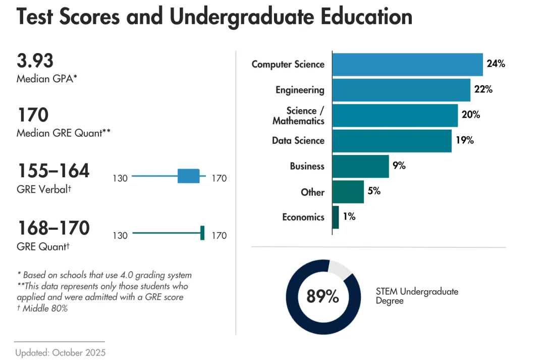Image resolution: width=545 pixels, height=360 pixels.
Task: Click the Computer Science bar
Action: [x=408, y=64]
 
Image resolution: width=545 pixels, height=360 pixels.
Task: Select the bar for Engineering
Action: [x=401, y=90]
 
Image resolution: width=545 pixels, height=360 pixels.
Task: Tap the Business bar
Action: [x=361, y=166]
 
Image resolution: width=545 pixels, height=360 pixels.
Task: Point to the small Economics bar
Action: [x=336, y=217]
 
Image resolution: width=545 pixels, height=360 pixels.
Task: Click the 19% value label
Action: [x=465, y=140]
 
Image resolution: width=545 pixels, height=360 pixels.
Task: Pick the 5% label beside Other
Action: [x=374, y=191]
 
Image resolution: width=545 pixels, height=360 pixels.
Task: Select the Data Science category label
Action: [x=298, y=140]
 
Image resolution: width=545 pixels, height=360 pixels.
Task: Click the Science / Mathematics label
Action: [x=299, y=116]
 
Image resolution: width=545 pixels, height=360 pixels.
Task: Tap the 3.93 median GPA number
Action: [x=35, y=61]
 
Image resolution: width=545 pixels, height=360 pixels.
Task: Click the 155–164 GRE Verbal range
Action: [x=53, y=171]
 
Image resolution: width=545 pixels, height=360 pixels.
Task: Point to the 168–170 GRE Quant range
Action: [x=53, y=228]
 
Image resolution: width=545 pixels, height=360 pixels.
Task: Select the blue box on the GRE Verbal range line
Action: [x=189, y=176]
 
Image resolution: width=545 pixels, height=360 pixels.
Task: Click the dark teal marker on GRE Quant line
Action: [x=202, y=233]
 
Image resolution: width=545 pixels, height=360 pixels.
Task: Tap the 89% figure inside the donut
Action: [x=322, y=296]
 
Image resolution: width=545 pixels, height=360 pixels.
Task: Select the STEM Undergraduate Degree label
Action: [x=417, y=296]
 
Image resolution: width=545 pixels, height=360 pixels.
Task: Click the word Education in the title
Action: [x=366, y=17]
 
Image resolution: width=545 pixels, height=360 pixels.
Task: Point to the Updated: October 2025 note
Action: [x=61, y=352]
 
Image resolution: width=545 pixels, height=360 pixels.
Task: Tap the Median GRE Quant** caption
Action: [x=64, y=133]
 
